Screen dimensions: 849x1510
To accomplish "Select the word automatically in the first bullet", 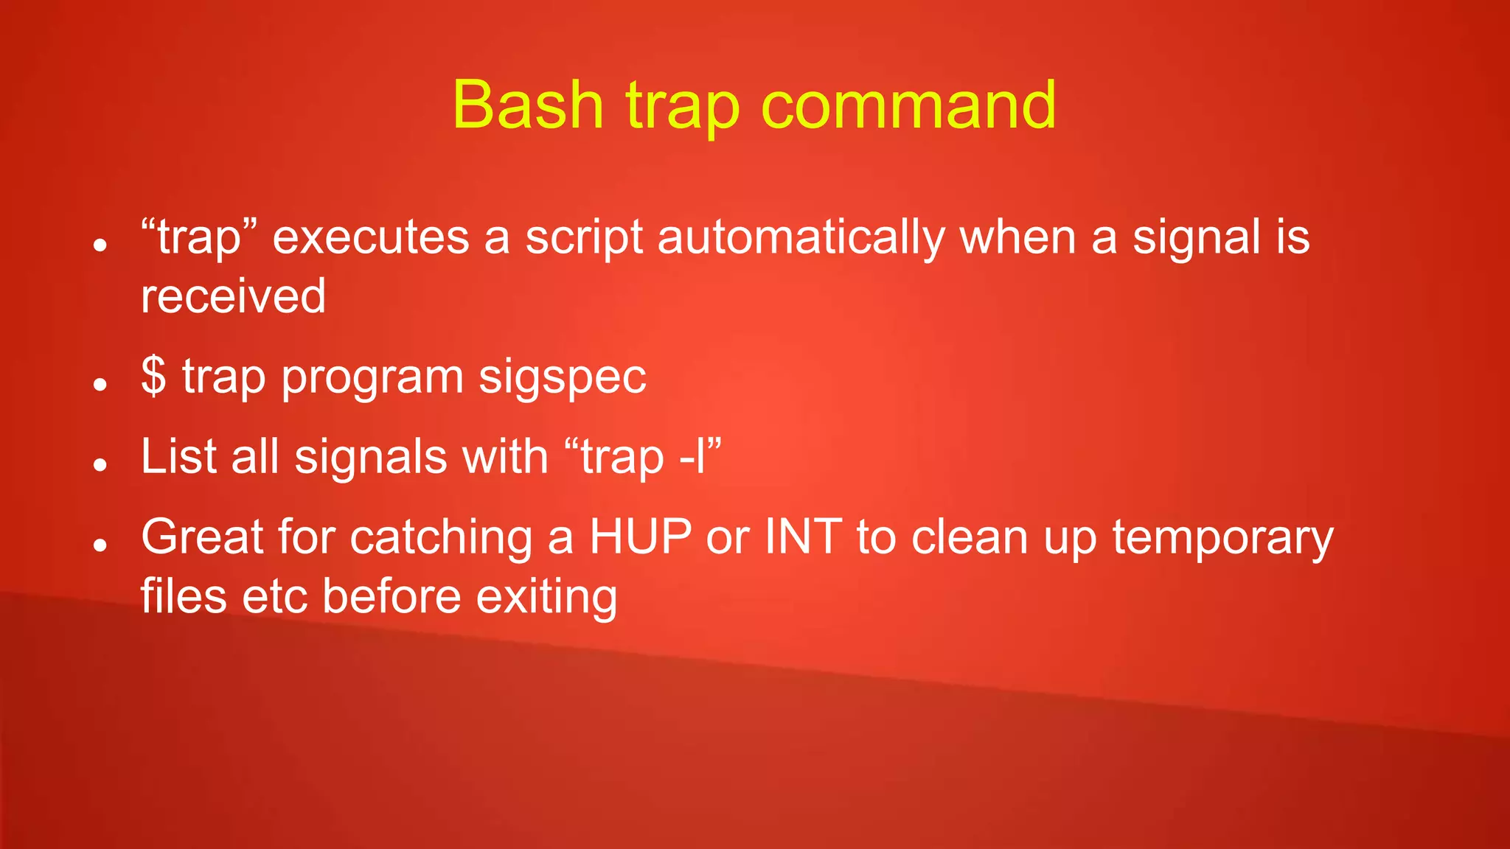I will [x=801, y=239].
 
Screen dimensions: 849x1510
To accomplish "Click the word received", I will [x=233, y=296].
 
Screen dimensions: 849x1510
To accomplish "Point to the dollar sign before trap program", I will [x=153, y=376].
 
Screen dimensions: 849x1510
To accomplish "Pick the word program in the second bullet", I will [x=372, y=377].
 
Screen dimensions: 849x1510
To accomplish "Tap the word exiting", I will [x=546, y=596].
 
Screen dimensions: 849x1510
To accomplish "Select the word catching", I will [x=441, y=538].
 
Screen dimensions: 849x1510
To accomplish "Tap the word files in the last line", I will [x=183, y=596].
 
